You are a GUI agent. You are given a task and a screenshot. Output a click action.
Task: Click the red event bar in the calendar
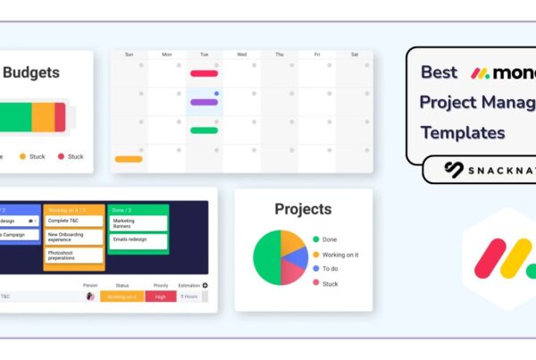click(204, 73)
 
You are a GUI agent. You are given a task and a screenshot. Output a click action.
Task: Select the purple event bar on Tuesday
click(204, 102)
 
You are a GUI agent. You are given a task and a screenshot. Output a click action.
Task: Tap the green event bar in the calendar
click(204, 130)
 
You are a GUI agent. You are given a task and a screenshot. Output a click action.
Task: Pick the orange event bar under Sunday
click(129, 159)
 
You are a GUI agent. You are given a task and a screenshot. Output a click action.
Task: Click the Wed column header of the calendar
click(241, 54)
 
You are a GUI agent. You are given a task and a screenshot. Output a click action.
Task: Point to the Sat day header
click(355, 54)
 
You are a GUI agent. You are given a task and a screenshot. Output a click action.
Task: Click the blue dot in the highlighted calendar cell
click(216, 93)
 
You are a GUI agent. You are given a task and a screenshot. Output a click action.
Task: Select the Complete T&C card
click(73, 220)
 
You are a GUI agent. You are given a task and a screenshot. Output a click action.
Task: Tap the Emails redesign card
click(138, 239)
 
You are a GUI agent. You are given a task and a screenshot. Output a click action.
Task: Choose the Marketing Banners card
click(138, 223)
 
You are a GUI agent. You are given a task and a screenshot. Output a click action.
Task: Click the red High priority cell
click(161, 297)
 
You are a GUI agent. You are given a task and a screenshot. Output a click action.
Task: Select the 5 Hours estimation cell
click(189, 297)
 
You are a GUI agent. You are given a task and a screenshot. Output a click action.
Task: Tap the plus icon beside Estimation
click(205, 286)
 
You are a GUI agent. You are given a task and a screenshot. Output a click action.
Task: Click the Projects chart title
click(303, 209)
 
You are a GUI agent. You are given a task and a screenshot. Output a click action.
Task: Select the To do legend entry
click(329, 268)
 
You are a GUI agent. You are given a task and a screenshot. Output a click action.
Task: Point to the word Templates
click(463, 133)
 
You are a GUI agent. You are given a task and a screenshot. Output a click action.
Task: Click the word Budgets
click(33, 72)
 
